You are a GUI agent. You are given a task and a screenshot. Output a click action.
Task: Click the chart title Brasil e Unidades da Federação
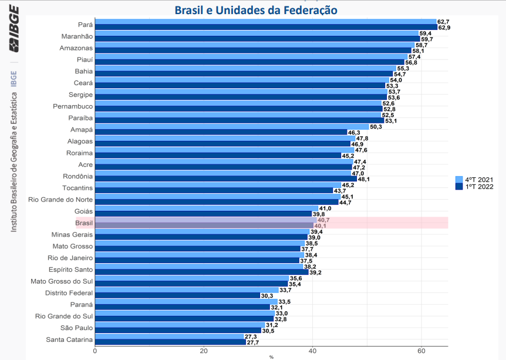(256, 10)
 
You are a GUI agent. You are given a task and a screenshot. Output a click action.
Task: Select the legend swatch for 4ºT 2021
(459, 180)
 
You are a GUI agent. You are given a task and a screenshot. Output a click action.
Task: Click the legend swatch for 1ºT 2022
(459, 187)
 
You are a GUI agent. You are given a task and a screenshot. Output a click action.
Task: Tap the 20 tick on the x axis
(204, 351)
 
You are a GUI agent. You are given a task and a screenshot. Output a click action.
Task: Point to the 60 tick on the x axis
(421, 351)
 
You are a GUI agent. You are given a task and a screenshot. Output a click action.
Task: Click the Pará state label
(85, 25)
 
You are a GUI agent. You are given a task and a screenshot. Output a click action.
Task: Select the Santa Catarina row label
(69, 339)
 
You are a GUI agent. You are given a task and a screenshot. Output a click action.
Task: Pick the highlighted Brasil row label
(84, 223)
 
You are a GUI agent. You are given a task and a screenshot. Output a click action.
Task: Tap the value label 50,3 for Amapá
(376, 127)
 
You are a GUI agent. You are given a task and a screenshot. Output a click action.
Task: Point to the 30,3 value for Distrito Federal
(268, 295)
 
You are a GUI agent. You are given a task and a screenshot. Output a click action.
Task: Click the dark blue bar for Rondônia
(225, 179)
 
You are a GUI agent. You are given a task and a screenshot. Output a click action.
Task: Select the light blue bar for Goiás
(206, 208)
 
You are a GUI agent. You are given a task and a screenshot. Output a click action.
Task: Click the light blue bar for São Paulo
(180, 325)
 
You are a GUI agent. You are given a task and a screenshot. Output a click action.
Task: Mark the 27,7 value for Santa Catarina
(252, 342)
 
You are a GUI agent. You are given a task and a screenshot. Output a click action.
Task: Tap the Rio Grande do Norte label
(60, 200)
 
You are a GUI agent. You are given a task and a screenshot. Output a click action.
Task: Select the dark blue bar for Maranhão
(257, 39)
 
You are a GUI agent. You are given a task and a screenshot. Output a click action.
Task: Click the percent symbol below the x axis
(271, 357)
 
